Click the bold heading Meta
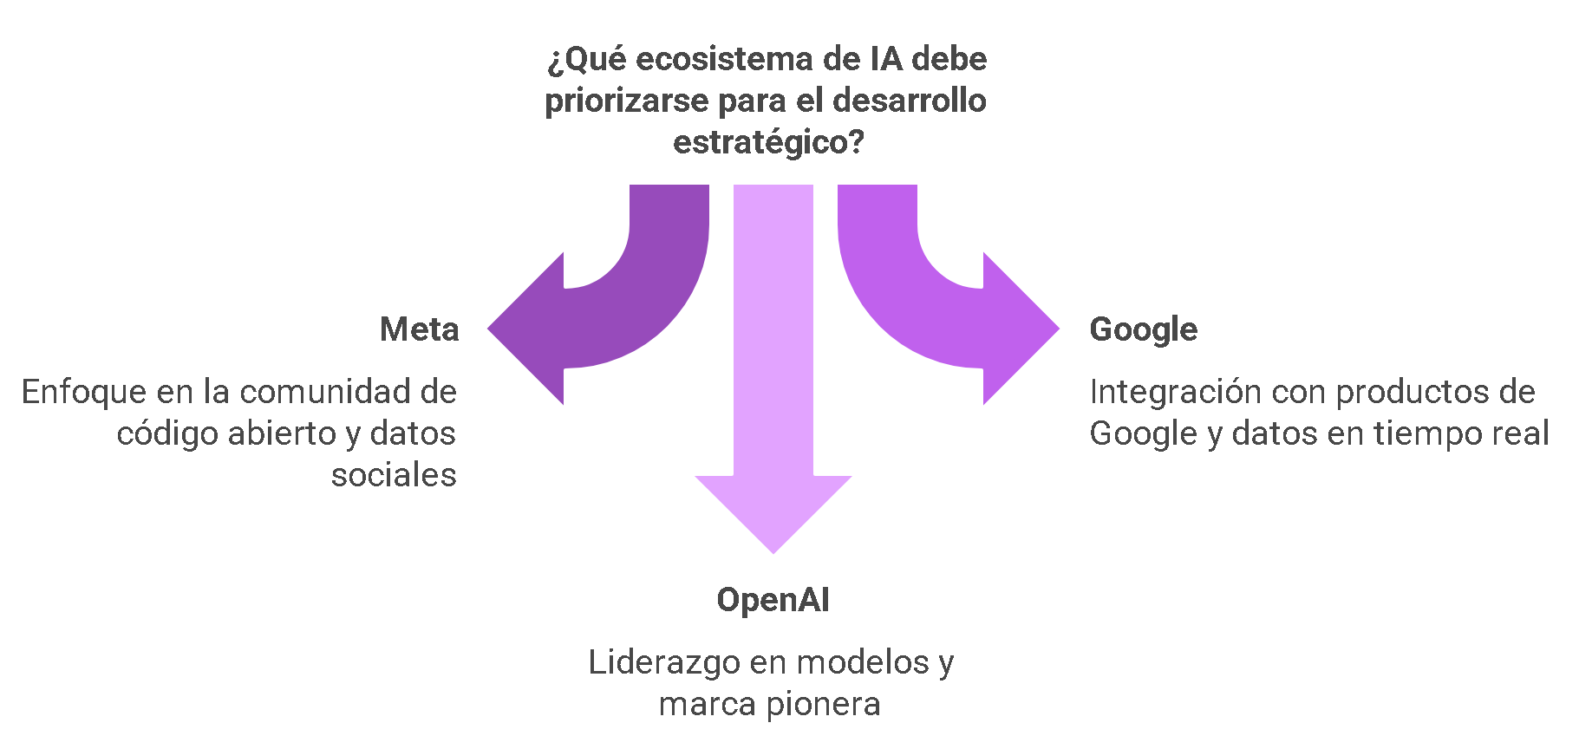[419, 329]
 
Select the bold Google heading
[1143, 329]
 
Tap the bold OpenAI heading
[773, 600]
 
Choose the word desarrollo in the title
[909, 101]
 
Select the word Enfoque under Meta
[84, 392]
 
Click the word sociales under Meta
[394, 475]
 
